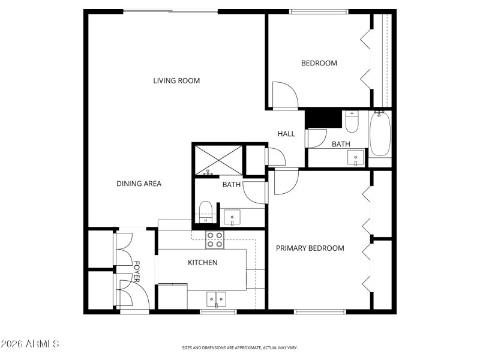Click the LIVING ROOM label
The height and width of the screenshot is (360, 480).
click(176, 80)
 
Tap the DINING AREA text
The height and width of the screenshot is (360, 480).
click(139, 184)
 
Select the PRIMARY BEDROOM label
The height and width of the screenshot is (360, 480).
click(310, 248)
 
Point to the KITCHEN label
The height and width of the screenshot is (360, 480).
click(203, 262)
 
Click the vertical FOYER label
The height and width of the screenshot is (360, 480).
click(136, 272)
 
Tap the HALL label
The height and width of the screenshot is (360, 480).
click(286, 134)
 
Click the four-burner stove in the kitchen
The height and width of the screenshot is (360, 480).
click(215, 240)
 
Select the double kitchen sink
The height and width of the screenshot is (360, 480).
click(217, 298)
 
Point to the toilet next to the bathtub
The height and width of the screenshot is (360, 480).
click(352, 122)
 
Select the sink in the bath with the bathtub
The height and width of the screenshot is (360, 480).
click(356, 159)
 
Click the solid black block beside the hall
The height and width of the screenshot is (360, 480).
click(323, 118)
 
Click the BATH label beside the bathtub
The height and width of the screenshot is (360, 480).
click(341, 144)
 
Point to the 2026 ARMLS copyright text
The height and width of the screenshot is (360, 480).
click(29, 344)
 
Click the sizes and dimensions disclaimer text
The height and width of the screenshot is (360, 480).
click(240, 347)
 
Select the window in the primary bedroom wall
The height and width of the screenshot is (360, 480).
click(320, 311)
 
